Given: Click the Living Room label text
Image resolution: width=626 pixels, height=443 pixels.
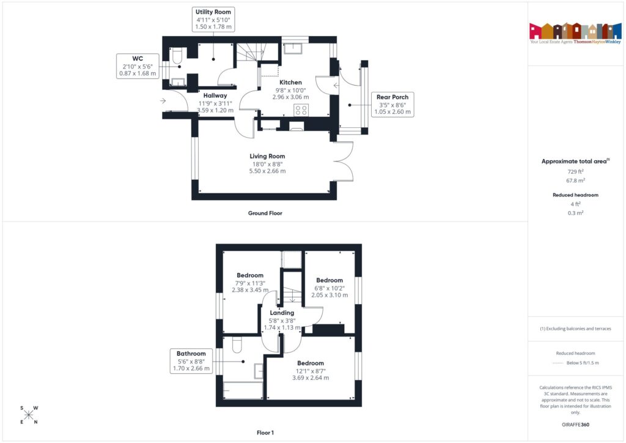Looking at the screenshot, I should (x=267, y=156).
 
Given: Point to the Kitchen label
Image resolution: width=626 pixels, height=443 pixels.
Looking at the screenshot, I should (x=290, y=83).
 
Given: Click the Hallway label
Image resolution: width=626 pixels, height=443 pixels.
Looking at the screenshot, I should (x=215, y=95).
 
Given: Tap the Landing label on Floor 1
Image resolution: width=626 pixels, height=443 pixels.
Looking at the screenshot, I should (x=282, y=313).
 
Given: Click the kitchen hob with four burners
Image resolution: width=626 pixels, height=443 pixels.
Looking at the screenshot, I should (x=301, y=110).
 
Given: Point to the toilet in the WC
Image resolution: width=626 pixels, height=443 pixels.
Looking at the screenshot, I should (x=177, y=56).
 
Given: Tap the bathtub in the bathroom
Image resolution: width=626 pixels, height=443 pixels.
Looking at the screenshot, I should (x=243, y=390).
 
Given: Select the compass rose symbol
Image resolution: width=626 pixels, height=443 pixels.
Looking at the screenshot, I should (x=29, y=415).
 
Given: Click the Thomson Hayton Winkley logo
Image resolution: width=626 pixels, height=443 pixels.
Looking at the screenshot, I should (x=575, y=34).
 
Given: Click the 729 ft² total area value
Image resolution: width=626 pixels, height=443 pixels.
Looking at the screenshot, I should (x=575, y=172).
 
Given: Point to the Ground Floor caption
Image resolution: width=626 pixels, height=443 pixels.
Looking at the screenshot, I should (x=265, y=213).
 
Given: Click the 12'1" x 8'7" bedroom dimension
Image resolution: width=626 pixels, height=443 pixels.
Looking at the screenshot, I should (x=311, y=370).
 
